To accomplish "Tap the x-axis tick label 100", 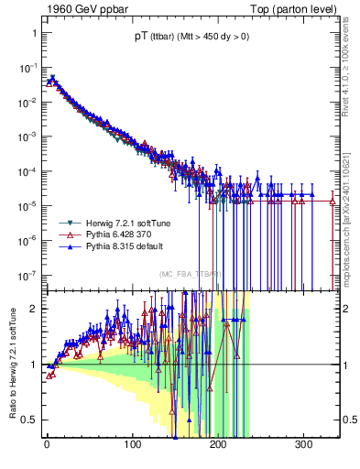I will click(x=132, y=444).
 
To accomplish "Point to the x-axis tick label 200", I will click(x=218, y=444).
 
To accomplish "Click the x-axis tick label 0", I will click(x=47, y=444).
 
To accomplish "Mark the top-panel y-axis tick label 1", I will click(x=33, y=33).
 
